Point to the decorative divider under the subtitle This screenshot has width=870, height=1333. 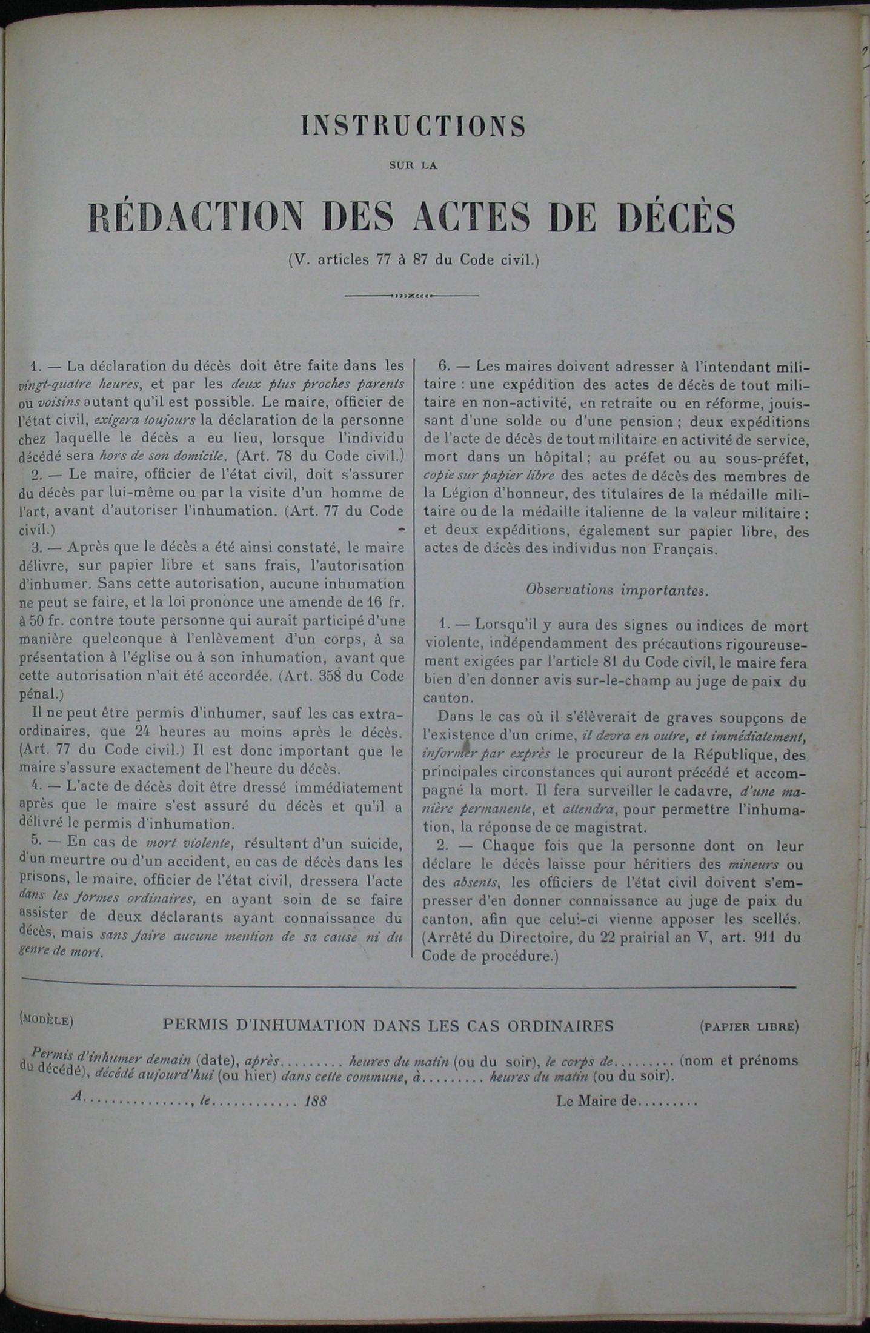click(411, 296)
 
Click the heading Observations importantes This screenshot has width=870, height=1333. click(617, 590)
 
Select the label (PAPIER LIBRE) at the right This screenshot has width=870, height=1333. click(749, 1026)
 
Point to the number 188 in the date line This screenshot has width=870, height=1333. click(316, 1102)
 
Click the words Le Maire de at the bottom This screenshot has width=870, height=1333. click(597, 1101)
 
